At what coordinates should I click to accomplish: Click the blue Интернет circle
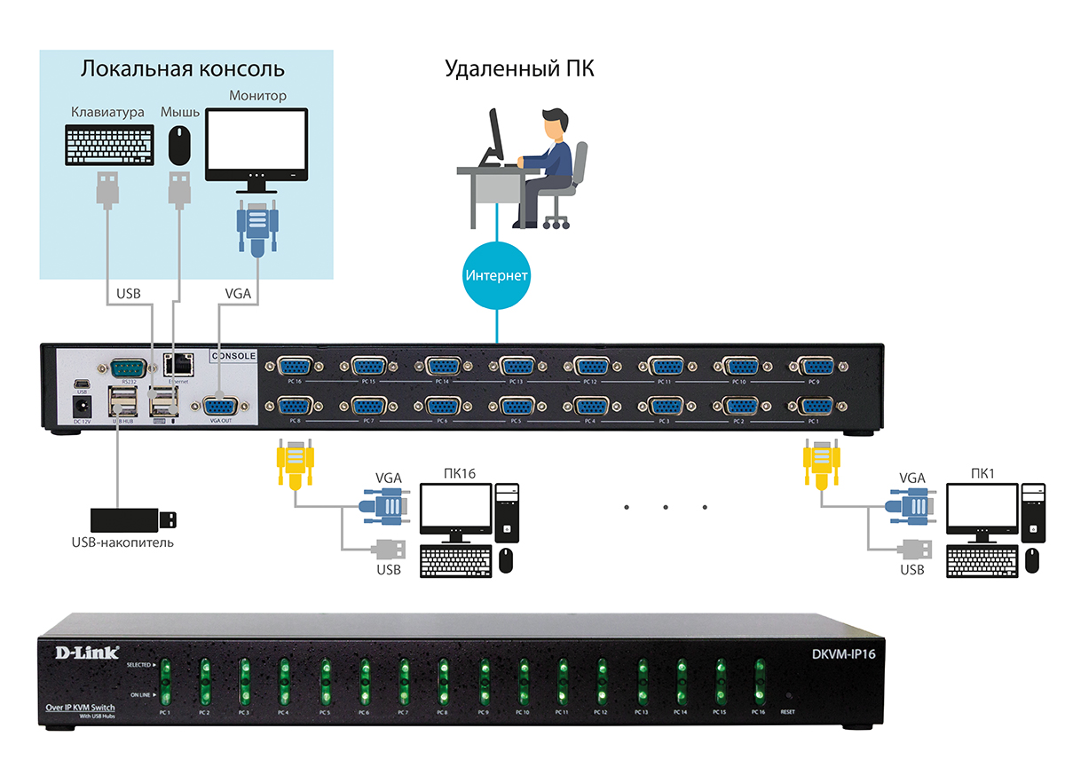(497, 275)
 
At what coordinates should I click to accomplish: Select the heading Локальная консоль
(183, 69)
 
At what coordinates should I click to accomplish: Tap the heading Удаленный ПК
(519, 69)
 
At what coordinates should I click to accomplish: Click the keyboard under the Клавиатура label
(107, 145)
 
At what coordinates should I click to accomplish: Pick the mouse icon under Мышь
(180, 145)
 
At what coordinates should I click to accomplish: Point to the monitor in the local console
(256, 146)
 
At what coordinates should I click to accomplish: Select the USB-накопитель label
(122, 542)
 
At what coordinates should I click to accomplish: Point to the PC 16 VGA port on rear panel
(294, 366)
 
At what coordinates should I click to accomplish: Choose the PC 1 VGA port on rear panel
(816, 407)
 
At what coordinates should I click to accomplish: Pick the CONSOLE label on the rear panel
(233, 356)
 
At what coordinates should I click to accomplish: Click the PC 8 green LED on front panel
(441, 679)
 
